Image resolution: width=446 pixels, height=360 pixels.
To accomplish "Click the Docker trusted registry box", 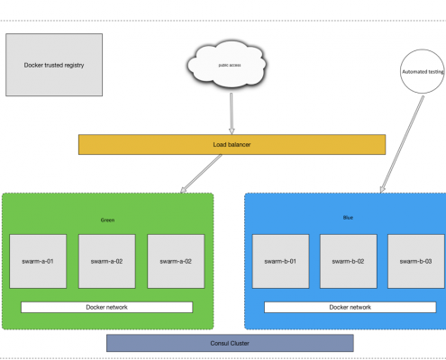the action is pyautogui.click(x=54, y=65).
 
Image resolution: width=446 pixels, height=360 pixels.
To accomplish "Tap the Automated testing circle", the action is pyautogui.click(x=423, y=71).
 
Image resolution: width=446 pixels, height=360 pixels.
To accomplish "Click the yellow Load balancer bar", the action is pyautogui.click(x=232, y=145).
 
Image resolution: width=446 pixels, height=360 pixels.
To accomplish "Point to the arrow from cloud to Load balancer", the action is pyautogui.click(x=232, y=113).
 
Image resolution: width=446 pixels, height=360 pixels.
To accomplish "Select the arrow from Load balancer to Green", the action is pyautogui.click(x=201, y=174).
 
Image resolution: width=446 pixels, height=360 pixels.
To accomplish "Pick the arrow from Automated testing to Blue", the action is pyautogui.click(x=402, y=144).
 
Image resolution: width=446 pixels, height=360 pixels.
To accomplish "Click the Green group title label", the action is pyautogui.click(x=107, y=220).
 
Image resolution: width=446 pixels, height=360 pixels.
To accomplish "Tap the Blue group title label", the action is pyautogui.click(x=348, y=218).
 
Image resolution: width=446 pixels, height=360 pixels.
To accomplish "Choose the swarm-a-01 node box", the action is pyautogui.click(x=38, y=261).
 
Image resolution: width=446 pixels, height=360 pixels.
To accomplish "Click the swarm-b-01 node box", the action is pyautogui.click(x=280, y=261).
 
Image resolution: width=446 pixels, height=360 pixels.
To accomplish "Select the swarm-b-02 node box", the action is pyautogui.click(x=349, y=261).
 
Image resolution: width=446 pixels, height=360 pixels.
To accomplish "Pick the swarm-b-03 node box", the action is pyautogui.click(x=416, y=261).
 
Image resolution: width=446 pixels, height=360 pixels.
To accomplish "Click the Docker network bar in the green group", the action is pyautogui.click(x=106, y=307).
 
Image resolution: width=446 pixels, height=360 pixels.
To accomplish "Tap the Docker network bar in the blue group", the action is pyautogui.click(x=350, y=307).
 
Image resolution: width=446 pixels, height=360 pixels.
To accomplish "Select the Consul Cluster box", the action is pyautogui.click(x=230, y=343).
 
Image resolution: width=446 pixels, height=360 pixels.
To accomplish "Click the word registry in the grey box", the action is pyautogui.click(x=76, y=66).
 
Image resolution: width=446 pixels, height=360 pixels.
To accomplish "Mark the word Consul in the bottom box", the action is pyautogui.click(x=218, y=343).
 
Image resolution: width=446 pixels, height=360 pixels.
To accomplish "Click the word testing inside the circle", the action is pyautogui.click(x=436, y=72).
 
